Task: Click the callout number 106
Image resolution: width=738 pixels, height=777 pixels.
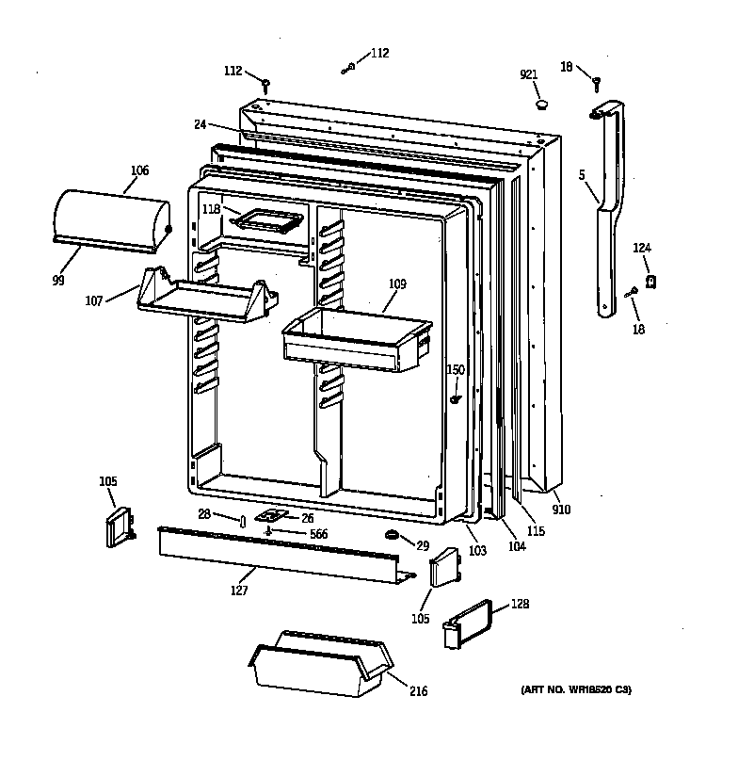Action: (x=139, y=170)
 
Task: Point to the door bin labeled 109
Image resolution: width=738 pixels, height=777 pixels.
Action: (x=356, y=341)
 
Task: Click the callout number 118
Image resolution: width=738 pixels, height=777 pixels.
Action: (x=210, y=210)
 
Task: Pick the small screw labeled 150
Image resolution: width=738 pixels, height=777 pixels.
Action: (x=456, y=399)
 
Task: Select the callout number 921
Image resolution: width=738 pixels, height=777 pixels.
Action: (x=528, y=75)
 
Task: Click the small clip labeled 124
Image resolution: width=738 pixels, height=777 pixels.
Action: (x=650, y=280)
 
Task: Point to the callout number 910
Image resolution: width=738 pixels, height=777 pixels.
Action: (x=561, y=510)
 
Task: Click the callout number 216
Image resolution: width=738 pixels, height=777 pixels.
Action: (x=418, y=691)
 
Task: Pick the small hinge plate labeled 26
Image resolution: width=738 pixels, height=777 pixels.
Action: (x=272, y=517)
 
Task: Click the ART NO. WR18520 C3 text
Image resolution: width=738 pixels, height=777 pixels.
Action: (x=576, y=690)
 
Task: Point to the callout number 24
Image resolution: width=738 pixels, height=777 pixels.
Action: (x=201, y=123)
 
